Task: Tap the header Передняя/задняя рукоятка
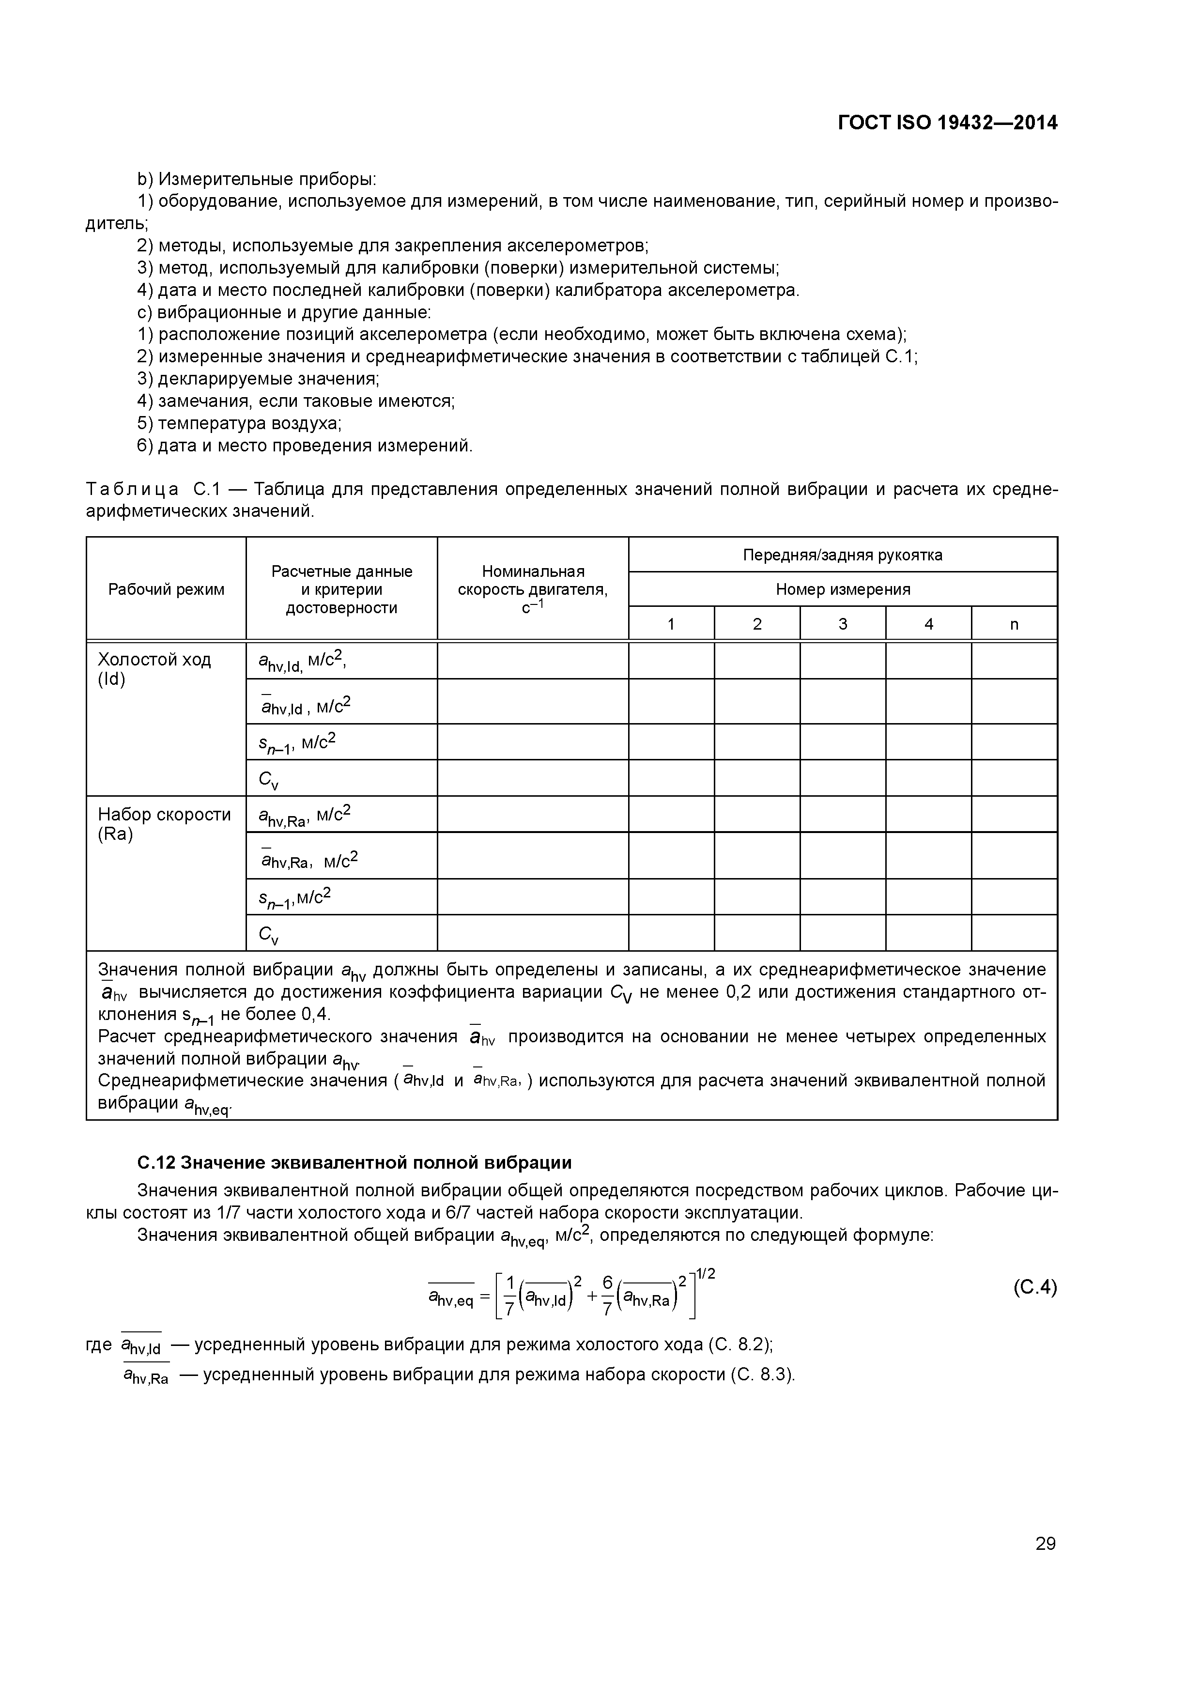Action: coord(842,555)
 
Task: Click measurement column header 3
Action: coord(842,624)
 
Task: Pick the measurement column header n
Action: coord(1014,624)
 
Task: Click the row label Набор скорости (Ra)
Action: coord(164,824)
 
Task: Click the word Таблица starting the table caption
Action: coord(132,490)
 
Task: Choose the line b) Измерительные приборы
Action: coord(257,179)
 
